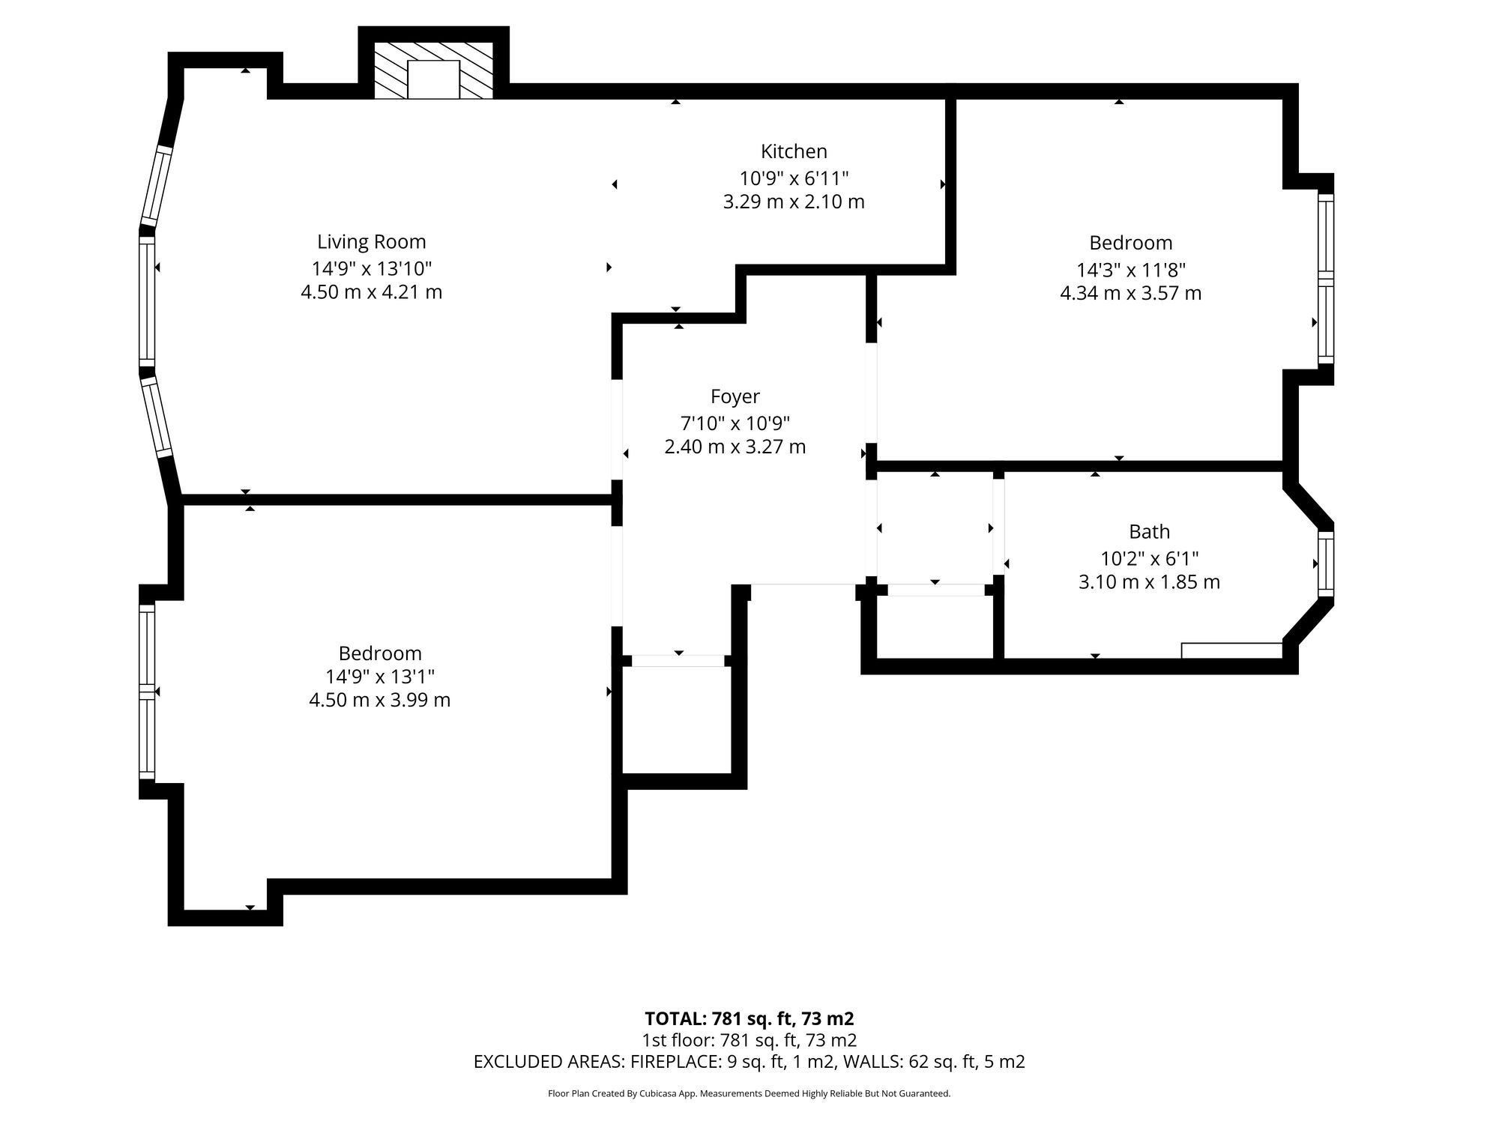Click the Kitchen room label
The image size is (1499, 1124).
tap(794, 151)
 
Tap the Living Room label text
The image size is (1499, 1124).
tap(371, 242)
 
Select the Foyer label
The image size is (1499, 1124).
tap(735, 396)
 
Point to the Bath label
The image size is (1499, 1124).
tap(1149, 531)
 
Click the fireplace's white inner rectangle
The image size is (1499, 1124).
tap(433, 79)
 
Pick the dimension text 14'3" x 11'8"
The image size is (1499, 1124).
tap(1131, 269)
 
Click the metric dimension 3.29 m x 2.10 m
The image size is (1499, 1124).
tap(794, 202)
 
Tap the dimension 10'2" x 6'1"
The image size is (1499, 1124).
tap(1149, 558)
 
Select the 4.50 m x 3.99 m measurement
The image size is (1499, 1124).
tap(379, 700)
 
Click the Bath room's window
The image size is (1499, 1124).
tap(1326, 564)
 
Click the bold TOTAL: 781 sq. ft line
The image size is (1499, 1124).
tap(749, 1018)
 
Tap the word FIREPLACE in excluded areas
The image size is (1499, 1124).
tap(675, 1062)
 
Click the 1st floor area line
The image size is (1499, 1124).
tap(749, 1040)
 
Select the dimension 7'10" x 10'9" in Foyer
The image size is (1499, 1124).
tap(735, 423)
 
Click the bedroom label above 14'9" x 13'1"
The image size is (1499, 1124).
tap(380, 653)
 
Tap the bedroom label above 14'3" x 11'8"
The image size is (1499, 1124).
tap(1131, 243)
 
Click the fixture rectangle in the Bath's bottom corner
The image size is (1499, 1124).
tap(1232, 650)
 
